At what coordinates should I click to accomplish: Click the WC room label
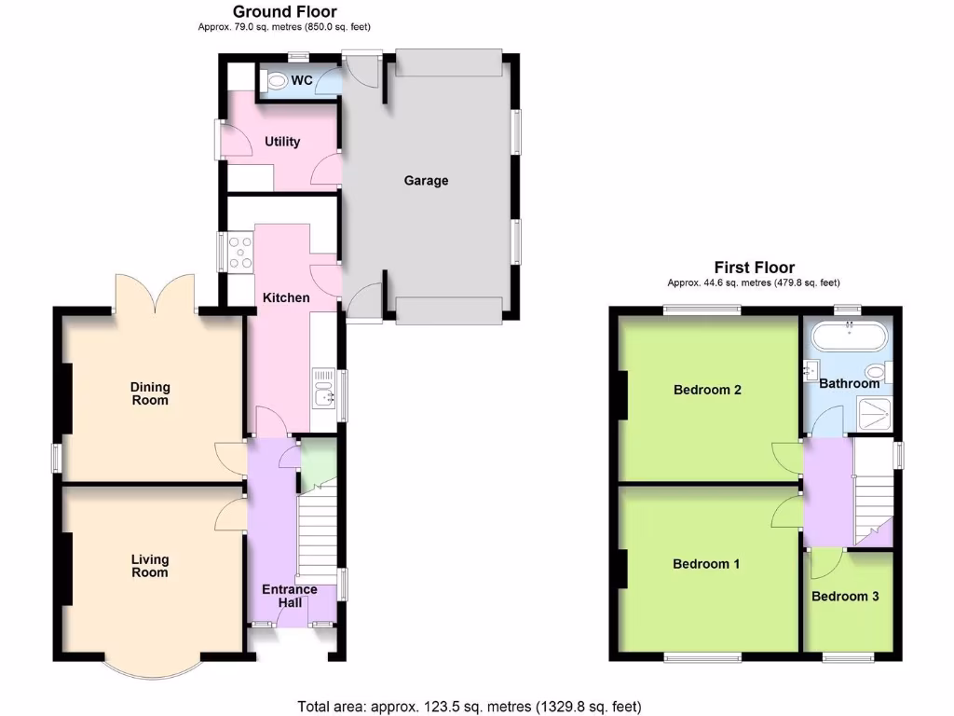tap(301, 81)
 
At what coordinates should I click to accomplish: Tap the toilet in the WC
tap(275, 82)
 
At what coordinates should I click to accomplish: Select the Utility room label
tap(282, 142)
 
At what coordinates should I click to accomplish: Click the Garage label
tap(426, 180)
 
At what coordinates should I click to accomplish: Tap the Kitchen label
tap(286, 297)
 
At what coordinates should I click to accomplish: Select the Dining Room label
tap(150, 393)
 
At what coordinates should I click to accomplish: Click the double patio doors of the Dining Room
tap(155, 293)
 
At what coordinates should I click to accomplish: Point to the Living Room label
tap(150, 566)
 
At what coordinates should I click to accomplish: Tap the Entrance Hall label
tap(289, 596)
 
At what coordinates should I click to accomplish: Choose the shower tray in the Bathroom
tap(877, 412)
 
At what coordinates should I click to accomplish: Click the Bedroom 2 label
tap(707, 390)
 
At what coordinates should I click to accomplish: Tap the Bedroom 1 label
tap(706, 564)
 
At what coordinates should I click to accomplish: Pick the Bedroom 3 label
tap(844, 597)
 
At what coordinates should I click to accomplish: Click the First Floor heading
tap(754, 268)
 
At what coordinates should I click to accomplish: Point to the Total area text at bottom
tap(469, 706)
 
